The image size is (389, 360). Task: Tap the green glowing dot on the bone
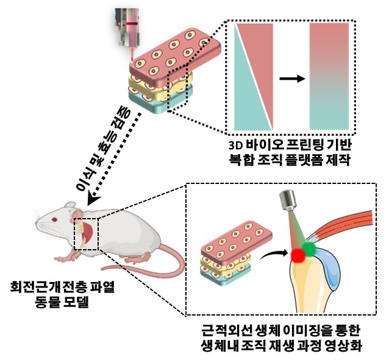[309, 249]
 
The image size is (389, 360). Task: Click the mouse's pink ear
[77, 215]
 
